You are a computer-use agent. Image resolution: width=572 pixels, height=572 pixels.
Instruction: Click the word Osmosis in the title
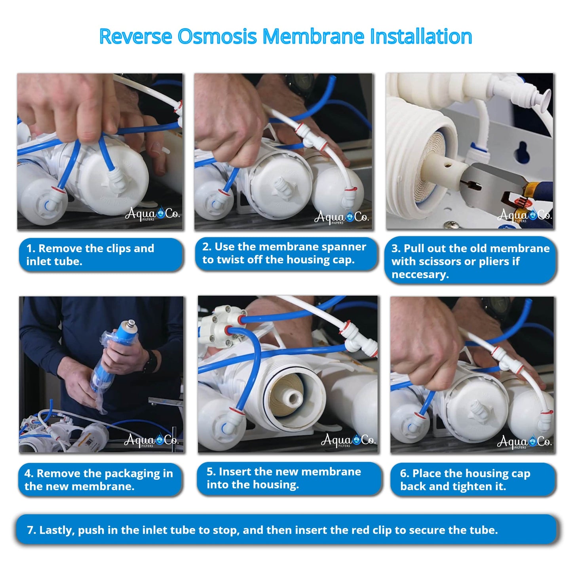(x=217, y=36)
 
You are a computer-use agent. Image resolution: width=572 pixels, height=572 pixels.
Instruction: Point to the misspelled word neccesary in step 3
(x=420, y=275)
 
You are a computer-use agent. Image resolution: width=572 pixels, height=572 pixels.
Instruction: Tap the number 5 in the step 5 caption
(x=210, y=471)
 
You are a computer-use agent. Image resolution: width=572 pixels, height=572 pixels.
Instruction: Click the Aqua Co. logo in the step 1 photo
(x=152, y=214)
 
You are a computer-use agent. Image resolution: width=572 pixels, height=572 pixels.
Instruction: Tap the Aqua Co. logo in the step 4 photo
(x=151, y=440)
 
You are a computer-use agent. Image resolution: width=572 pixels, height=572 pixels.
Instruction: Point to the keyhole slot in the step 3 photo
(x=522, y=152)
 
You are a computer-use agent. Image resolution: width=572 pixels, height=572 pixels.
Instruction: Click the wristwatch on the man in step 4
(x=151, y=361)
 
